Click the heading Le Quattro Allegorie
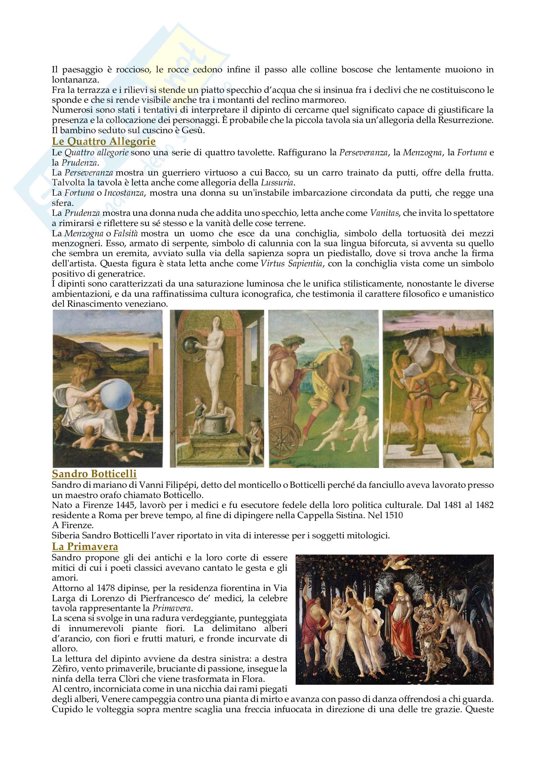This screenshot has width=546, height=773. tap(104, 141)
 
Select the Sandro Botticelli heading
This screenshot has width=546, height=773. tap(94, 474)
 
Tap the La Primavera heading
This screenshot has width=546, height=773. tap(85, 546)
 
